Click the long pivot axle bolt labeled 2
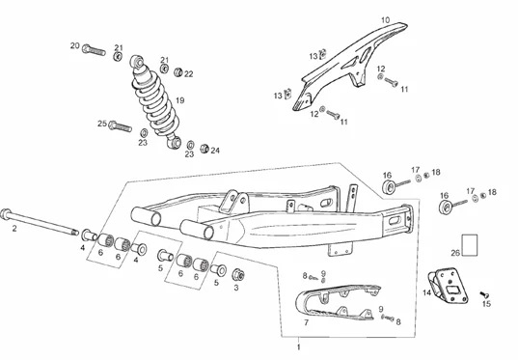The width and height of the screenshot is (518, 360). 40,222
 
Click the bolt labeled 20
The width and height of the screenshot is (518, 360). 94,50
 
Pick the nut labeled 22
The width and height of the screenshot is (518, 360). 178,71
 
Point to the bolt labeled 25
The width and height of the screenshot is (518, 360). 121,126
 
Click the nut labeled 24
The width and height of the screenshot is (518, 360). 204,149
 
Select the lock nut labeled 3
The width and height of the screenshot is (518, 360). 238,275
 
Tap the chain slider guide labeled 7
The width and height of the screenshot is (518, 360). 337,301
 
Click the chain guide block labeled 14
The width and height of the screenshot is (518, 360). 449,286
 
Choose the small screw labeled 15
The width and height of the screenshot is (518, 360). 484,293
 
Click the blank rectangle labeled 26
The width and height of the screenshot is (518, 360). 470,245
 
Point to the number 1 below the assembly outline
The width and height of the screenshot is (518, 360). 299,347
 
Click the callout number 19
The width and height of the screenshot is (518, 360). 180,100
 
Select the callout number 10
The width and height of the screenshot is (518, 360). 386,20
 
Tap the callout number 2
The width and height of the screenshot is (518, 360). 14,229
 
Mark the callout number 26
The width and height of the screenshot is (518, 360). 455,253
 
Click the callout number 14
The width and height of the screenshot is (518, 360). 427,292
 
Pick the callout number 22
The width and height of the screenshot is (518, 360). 189,74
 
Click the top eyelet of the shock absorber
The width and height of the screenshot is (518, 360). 137,62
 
